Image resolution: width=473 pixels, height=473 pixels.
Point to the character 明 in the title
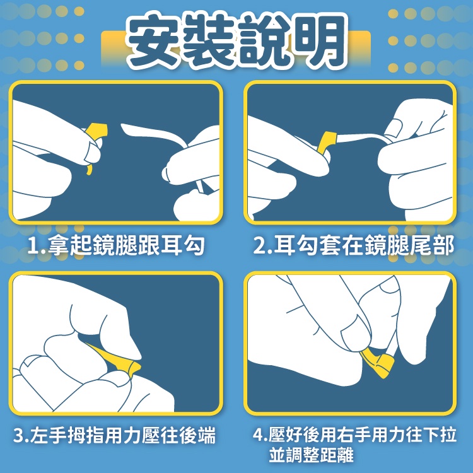(319, 40)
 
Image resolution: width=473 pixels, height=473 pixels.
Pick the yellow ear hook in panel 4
(377, 363)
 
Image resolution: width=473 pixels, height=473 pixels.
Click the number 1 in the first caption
(33, 245)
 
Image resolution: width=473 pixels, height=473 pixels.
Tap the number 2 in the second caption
(259, 245)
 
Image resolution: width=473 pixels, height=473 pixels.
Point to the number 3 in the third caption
(19, 436)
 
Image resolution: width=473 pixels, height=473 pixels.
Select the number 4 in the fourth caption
(258, 435)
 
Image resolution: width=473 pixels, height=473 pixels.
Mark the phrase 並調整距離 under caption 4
(312, 455)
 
